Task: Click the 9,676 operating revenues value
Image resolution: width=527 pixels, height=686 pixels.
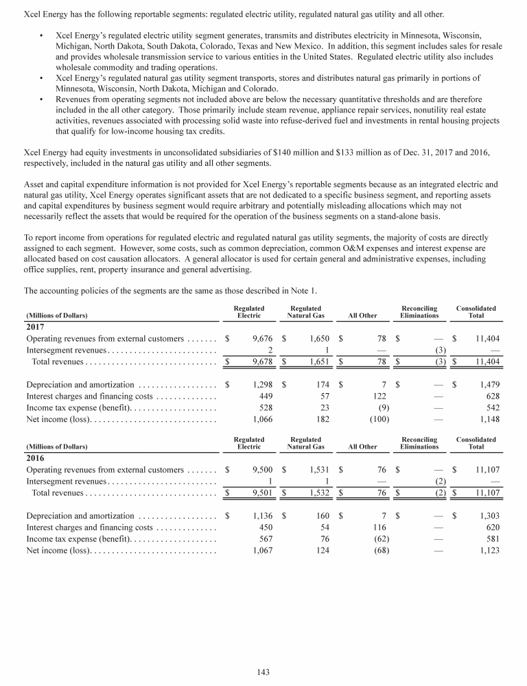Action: coord(262,339)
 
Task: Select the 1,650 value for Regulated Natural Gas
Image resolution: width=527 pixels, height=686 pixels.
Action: coord(319,339)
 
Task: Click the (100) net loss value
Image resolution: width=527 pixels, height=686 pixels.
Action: coord(366,418)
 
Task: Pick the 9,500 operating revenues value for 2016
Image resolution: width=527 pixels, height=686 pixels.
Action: coord(262,471)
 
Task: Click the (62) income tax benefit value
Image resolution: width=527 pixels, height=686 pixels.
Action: coord(368,539)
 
